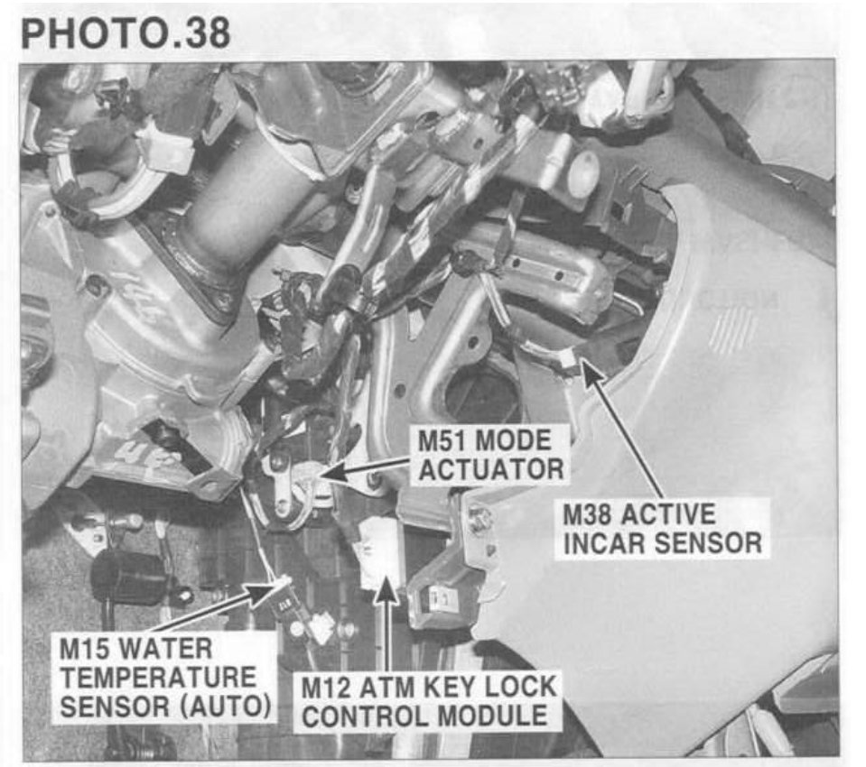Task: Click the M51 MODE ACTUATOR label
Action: (x=490, y=455)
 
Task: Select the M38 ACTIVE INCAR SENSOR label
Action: (x=662, y=528)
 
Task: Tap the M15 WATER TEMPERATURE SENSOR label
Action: (x=163, y=676)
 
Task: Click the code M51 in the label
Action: (x=443, y=441)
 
